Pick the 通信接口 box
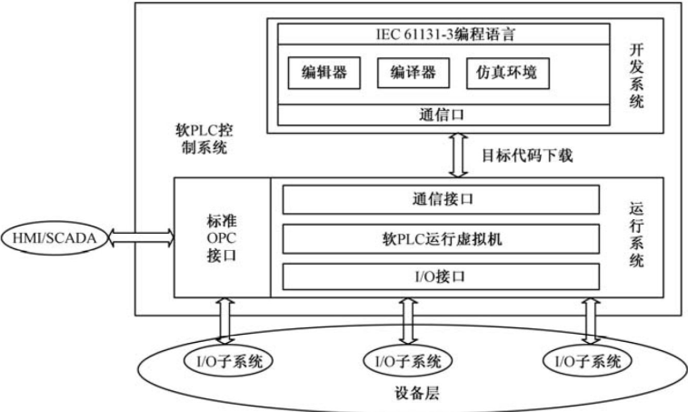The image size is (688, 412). point(441,197)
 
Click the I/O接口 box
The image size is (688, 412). point(441,275)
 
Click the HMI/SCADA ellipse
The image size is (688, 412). point(57,238)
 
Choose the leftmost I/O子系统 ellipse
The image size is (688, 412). point(224,361)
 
